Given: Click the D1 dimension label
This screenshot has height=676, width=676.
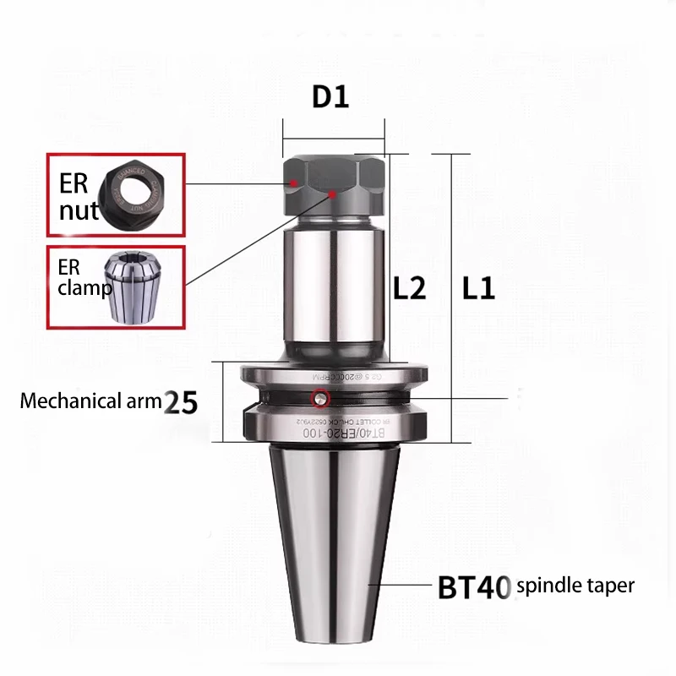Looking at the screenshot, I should pos(330,96).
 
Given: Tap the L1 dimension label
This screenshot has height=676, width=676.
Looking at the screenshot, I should pos(478,289).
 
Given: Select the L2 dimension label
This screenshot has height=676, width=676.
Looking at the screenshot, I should pos(410,289).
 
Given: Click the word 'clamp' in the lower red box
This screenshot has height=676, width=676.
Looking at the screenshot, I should pos(84,289).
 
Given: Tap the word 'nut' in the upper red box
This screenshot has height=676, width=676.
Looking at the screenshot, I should pos(79,210).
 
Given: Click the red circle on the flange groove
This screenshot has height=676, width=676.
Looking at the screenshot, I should pos(319,399).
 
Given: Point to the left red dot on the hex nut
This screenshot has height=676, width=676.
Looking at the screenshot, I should pos(292,183).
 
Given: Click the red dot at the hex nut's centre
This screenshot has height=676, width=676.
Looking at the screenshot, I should pos(334,194).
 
